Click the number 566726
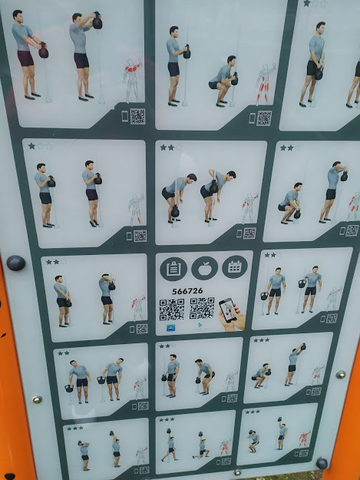(187, 291)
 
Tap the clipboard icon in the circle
(173, 269)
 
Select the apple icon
(204, 268)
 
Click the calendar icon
(235, 267)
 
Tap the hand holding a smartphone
(232, 315)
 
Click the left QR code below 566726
(172, 310)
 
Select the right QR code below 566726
(202, 308)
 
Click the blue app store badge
(170, 328)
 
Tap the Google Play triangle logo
(200, 326)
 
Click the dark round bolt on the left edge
(16, 263)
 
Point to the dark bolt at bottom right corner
(322, 463)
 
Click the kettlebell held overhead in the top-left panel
(97, 22)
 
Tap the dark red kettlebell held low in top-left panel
(44, 51)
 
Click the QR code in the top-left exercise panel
(137, 116)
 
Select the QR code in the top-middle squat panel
(264, 118)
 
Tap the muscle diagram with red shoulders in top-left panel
(133, 80)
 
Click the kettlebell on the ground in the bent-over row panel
(175, 210)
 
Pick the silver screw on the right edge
(340, 374)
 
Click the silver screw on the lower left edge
(37, 399)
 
